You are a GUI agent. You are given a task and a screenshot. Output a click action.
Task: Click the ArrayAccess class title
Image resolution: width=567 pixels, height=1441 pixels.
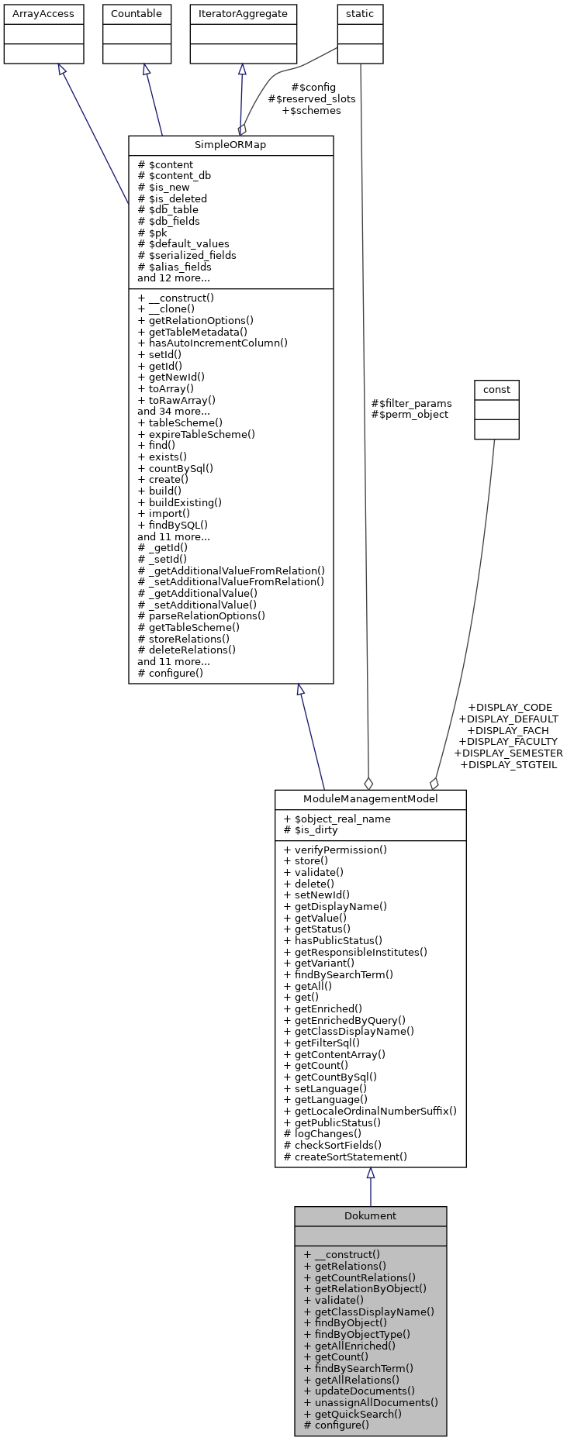tap(43, 13)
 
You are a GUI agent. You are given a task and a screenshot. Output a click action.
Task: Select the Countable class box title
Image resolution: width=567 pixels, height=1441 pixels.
tap(137, 13)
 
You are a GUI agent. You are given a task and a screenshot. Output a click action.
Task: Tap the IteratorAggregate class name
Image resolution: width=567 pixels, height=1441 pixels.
tap(243, 13)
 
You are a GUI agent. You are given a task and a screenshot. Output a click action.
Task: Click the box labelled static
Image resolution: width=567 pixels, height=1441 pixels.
tap(360, 13)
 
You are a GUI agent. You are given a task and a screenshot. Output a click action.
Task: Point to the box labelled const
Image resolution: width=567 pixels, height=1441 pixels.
tap(496, 388)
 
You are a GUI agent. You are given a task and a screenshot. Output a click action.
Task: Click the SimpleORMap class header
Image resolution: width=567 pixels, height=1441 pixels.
tap(230, 146)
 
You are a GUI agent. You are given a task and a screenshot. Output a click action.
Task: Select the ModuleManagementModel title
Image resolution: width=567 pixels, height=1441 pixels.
tap(370, 799)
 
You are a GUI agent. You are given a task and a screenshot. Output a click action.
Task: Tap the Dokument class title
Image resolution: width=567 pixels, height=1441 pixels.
tap(370, 1215)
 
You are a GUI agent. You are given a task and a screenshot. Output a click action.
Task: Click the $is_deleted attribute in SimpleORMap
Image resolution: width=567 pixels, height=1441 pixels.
tap(172, 198)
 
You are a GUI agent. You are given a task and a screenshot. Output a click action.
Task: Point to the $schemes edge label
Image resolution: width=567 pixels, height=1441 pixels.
tap(311, 110)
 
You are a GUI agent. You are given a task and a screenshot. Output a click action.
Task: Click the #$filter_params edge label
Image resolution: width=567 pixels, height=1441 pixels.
tap(411, 403)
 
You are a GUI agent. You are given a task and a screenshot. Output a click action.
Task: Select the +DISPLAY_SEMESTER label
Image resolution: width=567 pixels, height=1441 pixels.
tap(508, 753)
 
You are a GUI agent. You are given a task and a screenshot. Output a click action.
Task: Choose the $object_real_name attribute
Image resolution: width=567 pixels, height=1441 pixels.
tap(337, 819)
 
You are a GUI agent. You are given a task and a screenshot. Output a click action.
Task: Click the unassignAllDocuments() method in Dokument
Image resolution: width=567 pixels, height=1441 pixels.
tap(371, 1402)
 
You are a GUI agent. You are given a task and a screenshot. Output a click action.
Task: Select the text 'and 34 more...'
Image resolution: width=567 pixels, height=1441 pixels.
tap(174, 412)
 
